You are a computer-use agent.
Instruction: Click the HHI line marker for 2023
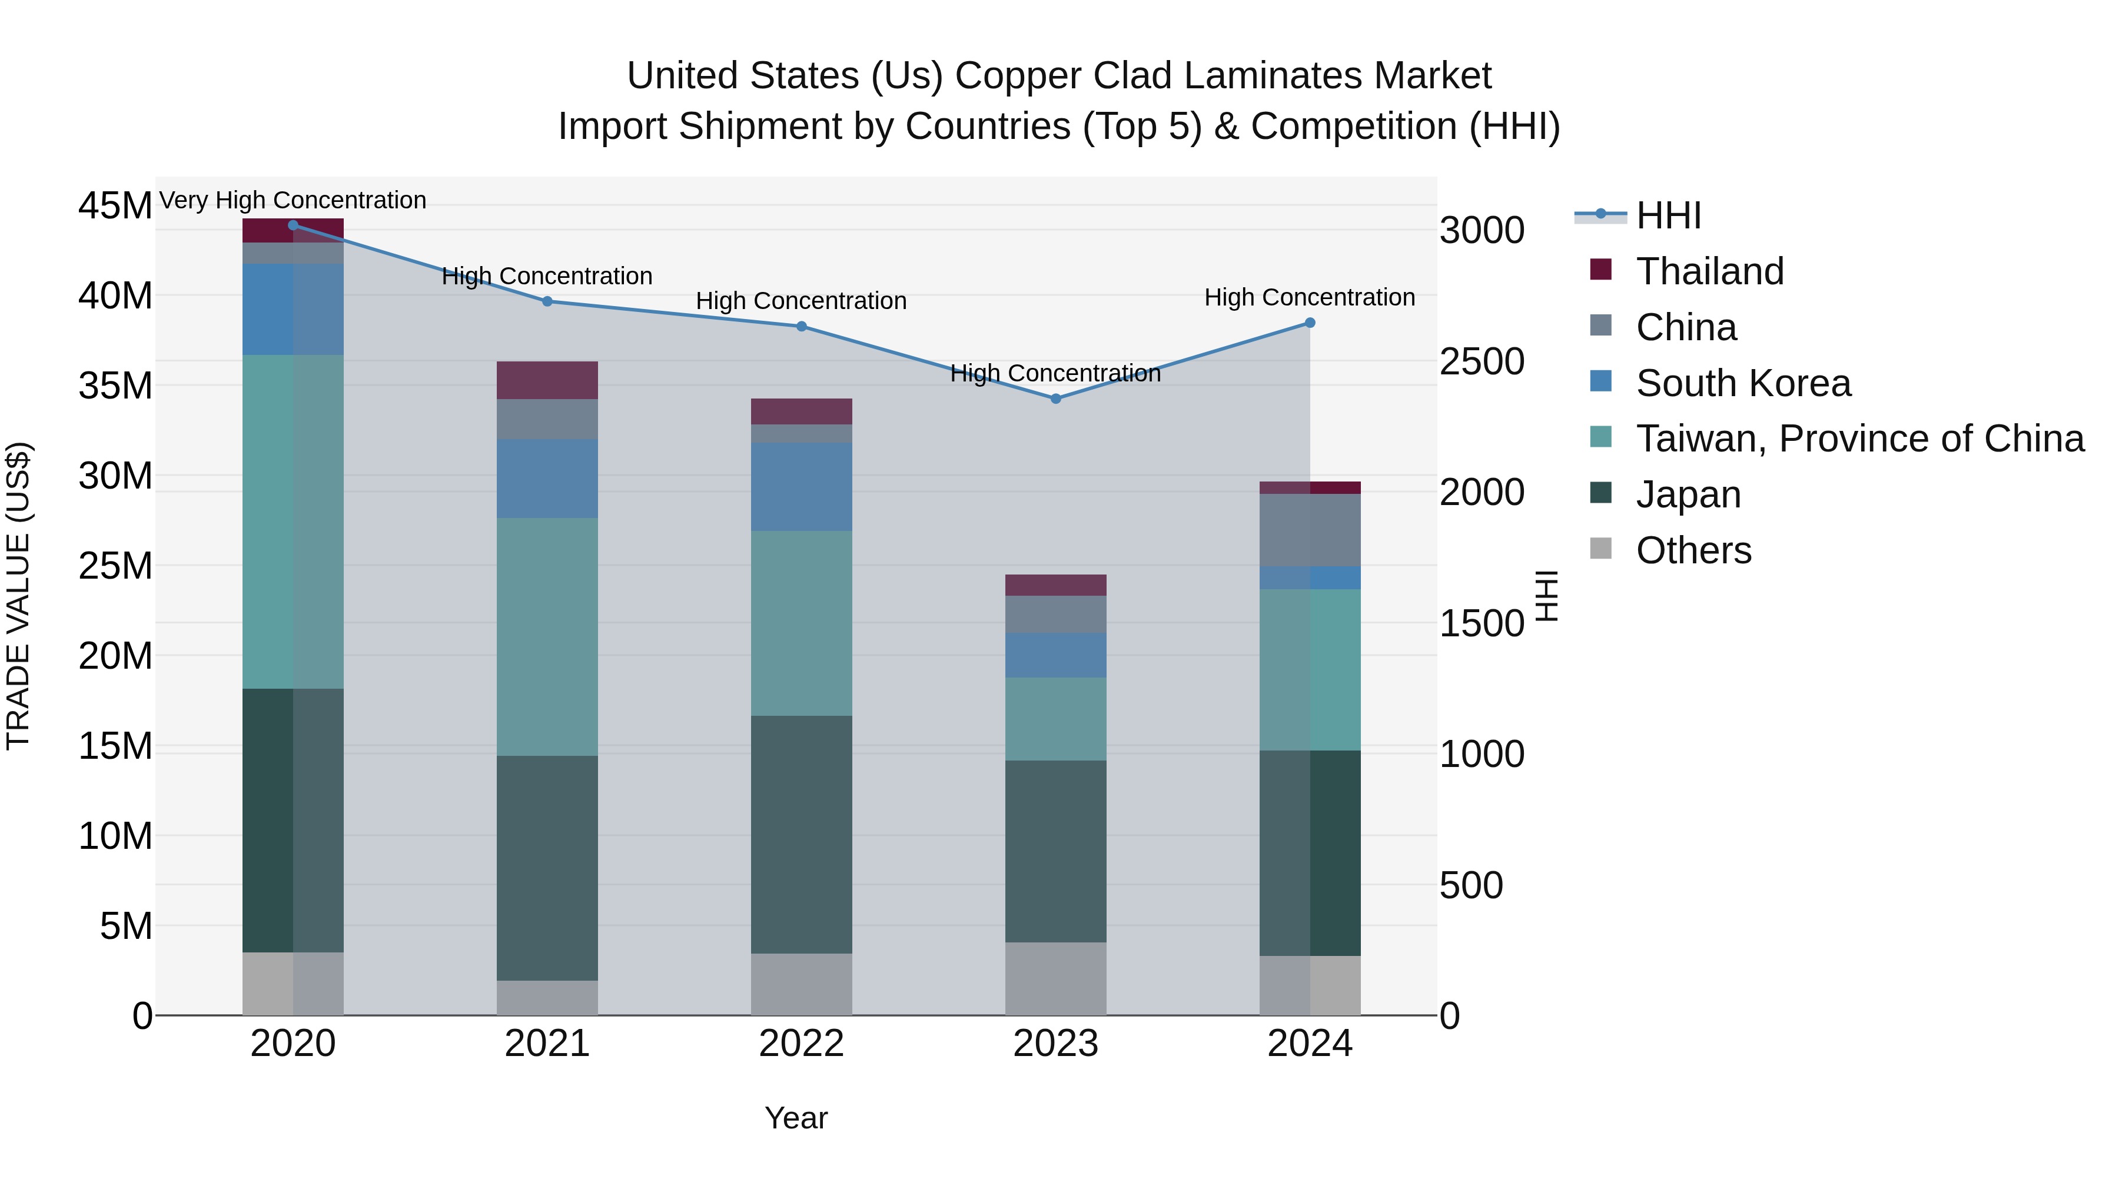point(1055,399)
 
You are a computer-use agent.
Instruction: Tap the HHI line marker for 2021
point(547,301)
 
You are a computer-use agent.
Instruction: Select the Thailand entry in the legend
point(1709,271)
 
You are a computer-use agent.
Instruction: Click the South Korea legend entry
point(1742,383)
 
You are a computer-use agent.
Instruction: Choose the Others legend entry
point(1693,550)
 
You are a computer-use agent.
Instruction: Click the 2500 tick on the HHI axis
point(1482,362)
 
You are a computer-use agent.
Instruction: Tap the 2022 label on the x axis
point(801,1044)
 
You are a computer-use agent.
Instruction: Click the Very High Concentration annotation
point(293,201)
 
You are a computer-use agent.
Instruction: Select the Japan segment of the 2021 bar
point(547,868)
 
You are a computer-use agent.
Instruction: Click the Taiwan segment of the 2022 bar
point(801,623)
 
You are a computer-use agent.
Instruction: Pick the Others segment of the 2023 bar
point(1055,978)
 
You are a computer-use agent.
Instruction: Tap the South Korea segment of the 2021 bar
point(547,478)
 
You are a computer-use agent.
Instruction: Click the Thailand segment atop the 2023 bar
point(1055,585)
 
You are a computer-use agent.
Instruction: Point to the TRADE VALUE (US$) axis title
point(19,596)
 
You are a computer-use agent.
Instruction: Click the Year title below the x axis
point(795,1118)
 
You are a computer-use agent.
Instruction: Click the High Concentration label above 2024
point(1310,298)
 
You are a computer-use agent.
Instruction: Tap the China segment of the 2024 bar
point(1310,530)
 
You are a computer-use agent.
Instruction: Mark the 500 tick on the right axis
point(1471,886)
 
